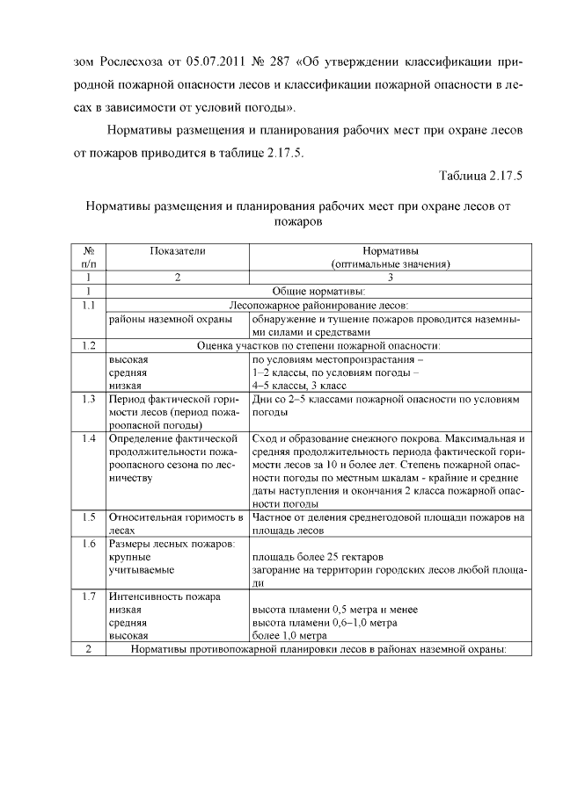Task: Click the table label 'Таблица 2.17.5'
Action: (480, 175)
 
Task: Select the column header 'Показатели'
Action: (177, 250)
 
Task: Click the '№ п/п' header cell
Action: (88, 257)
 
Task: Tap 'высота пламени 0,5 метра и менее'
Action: (334, 609)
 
